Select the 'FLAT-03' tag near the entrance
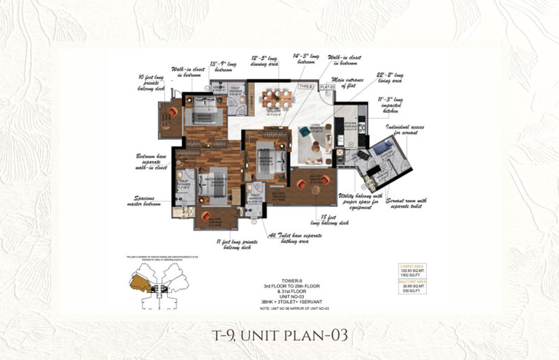[326, 87]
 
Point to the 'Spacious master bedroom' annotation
[145, 202]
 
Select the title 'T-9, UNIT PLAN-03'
[279, 335]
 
